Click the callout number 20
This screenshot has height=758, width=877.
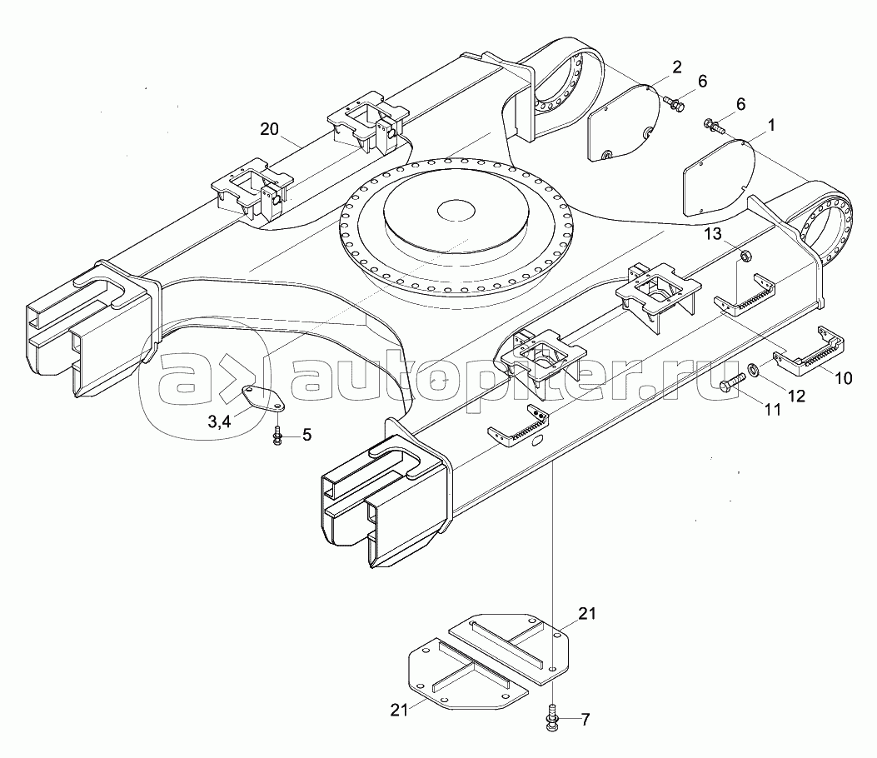click(x=268, y=129)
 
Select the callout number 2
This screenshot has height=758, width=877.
click(x=676, y=67)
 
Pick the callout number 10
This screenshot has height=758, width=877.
click(x=843, y=377)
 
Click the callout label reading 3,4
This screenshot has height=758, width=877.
click(x=220, y=422)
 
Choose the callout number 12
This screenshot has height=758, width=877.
click(x=796, y=396)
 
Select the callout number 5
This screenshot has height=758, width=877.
click(x=306, y=434)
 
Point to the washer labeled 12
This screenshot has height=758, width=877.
click(x=752, y=368)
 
